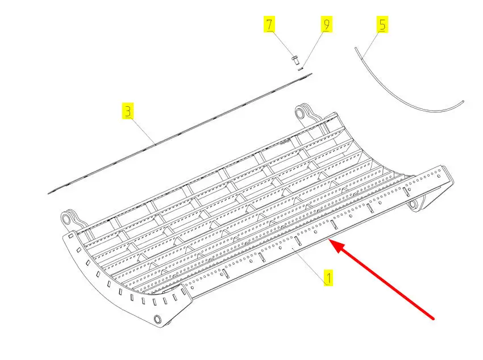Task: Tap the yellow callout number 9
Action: pyautogui.click(x=326, y=24)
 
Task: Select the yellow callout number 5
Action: pyautogui.click(x=382, y=24)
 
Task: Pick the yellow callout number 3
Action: pyautogui.click(x=128, y=111)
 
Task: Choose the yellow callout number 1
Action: pyautogui.click(x=328, y=278)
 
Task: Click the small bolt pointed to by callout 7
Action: pyautogui.click(x=294, y=57)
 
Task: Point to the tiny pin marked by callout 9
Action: pyautogui.click(x=302, y=68)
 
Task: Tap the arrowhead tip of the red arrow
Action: pyautogui.click(x=331, y=243)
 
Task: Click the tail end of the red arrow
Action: pyautogui.click(x=435, y=318)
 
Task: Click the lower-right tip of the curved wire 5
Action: pyautogui.click(x=463, y=102)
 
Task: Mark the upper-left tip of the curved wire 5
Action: pyautogui.click(x=356, y=49)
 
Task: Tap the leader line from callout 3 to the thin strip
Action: pyautogui.click(x=142, y=129)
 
